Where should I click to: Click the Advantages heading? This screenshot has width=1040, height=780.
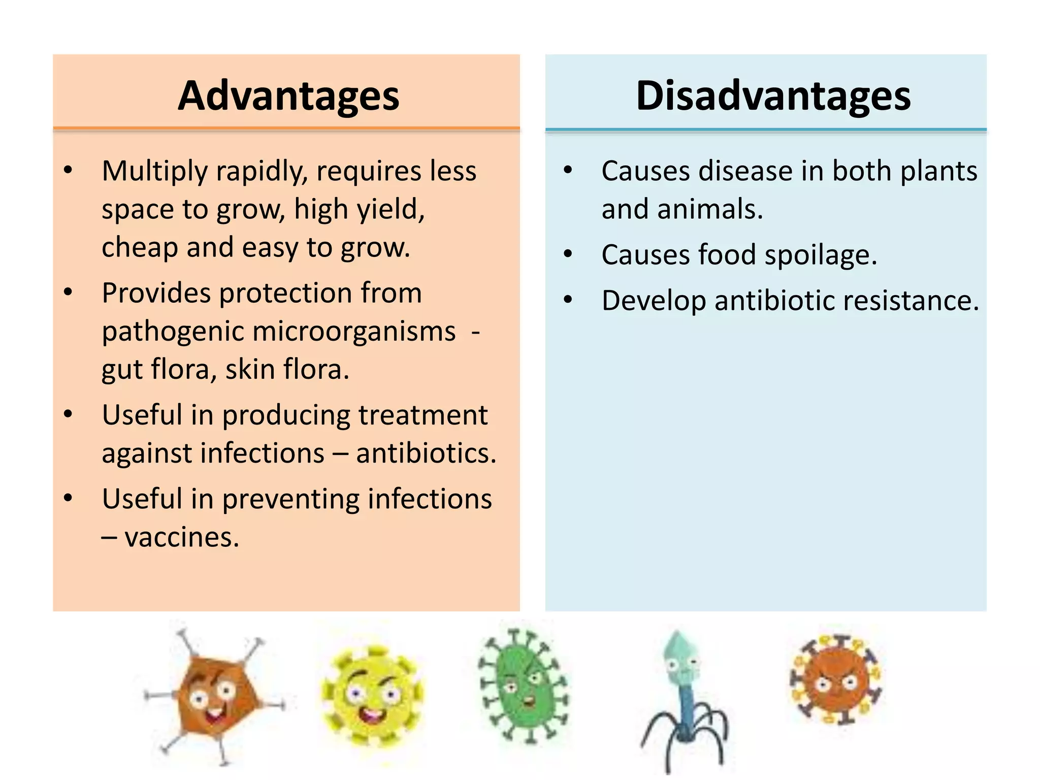point(288,96)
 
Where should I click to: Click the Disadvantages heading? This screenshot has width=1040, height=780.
point(773,96)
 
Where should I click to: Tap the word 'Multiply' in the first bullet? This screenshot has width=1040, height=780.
point(154,172)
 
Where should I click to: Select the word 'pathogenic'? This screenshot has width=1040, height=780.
point(173,332)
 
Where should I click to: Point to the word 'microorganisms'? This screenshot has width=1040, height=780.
point(354,332)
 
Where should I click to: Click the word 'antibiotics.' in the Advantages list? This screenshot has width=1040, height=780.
point(426,453)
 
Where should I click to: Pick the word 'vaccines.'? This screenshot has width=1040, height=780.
point(182,537)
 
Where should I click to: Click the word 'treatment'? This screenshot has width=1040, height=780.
point(423,415)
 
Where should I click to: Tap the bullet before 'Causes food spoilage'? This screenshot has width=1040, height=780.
point(568,253)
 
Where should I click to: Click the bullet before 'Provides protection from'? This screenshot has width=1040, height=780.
point(68,292)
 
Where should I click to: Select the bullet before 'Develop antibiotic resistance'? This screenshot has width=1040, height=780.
point(568,300)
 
